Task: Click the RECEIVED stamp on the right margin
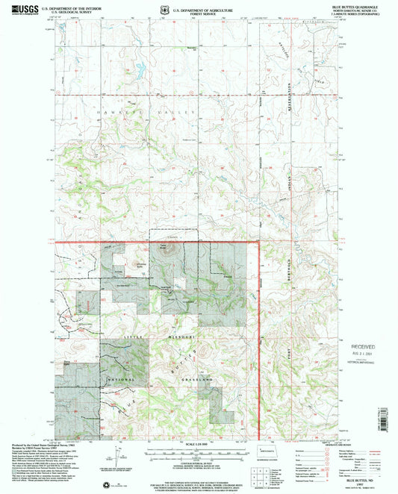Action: (x=366, y=348)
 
